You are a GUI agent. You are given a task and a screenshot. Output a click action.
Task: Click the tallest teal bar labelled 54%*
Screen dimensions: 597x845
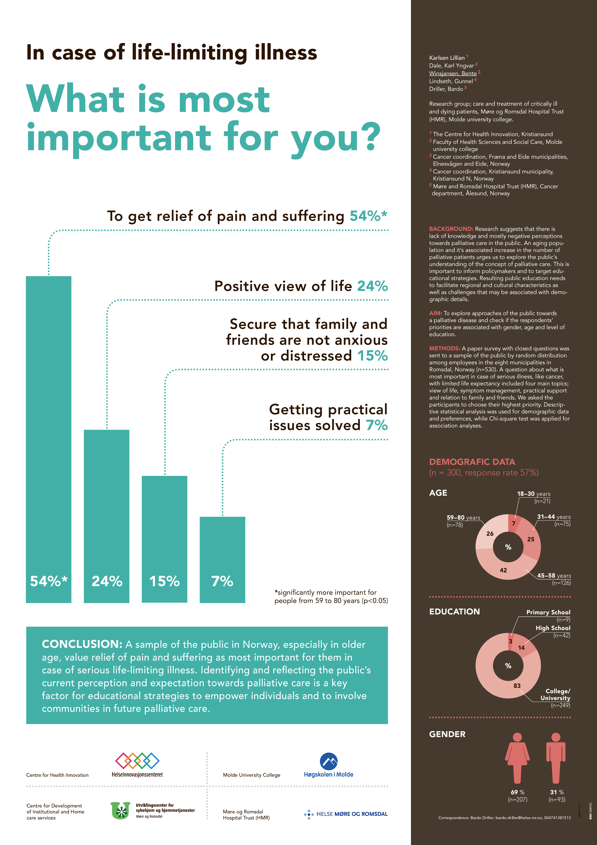pyautogui.click(x=48, y=439)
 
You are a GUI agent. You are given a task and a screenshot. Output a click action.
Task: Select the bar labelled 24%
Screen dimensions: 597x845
pyautogui.click(x=107, y=516)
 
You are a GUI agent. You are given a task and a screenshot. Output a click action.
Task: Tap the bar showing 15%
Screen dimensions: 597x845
pyautogui.click(x=164, y=539)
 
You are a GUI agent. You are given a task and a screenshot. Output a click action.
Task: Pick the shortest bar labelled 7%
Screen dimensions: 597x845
pyautogui.click(x=222, y=560)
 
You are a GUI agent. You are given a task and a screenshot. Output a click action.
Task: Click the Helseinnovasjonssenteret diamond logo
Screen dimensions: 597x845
pyautogui.click(x=137, y=760)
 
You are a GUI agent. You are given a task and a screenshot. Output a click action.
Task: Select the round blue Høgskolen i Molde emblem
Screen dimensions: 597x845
pyautogui.click(x=329, y=761)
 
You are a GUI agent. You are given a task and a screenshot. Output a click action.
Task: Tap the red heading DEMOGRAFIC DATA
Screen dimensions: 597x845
pyautogui.click(x=472, y=462)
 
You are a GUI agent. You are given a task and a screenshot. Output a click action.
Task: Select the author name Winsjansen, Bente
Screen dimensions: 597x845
pyautogui.click(x=453, y=74)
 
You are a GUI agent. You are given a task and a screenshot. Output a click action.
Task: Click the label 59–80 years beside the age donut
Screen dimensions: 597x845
pyautogui.click(x=463, y=517)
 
